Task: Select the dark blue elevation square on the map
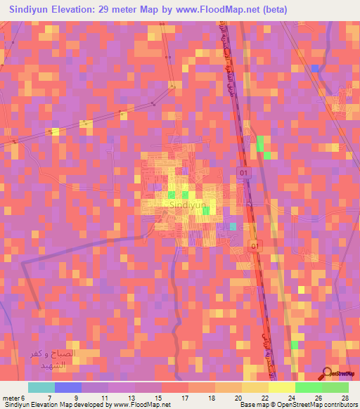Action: coord(316,68)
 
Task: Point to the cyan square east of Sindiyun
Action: coord(233,226)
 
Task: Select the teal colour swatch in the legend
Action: coord(41,387)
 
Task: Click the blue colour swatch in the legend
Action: coord(68,387)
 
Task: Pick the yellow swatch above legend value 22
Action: coord(255,387)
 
